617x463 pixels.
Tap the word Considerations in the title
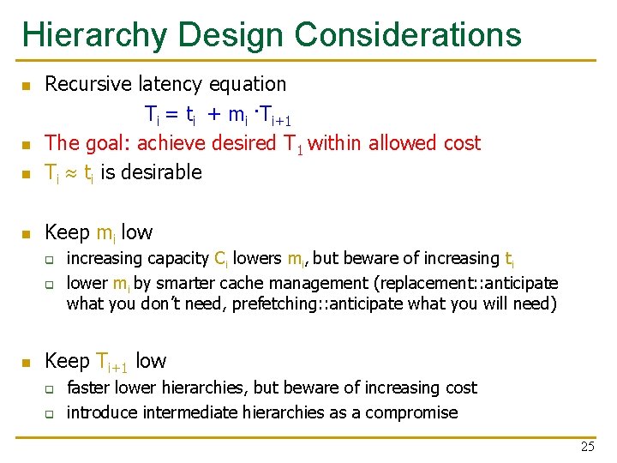pyautogui.click(x=408, y=34)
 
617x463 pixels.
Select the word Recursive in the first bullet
pyautogui.click(x=84, y=84)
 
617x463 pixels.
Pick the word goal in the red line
pyautogui.click(x=106, y=143)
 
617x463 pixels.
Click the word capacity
pyautogui.click(x=178, y=259)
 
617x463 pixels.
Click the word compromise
pyautogui.click(x=411, y=413)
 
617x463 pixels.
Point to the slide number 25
pyautogui.click(x=587, y=447)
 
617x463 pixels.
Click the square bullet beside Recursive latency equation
pyautogui.click(x=26, y=86)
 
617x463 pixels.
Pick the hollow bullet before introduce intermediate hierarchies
pyautogui.click(x=50, y=413)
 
